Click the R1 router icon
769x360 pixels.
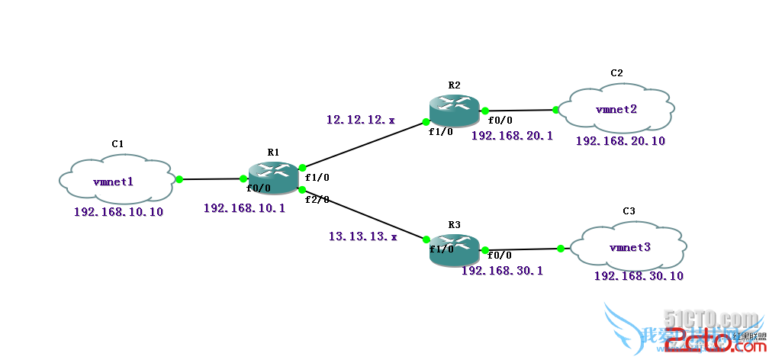[273, 177]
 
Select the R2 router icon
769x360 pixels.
[454, 111]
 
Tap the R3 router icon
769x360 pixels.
[454, 249]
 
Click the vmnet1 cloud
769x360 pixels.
[114, 181]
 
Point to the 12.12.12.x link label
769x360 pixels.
[361, 120]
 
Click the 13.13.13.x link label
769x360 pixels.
[363, 236]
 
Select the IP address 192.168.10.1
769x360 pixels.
[244, 207]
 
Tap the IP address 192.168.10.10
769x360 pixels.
[118, 212]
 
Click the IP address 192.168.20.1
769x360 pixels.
[512, 136]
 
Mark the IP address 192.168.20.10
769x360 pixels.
[620, 141]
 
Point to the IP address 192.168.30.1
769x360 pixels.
[502, 270]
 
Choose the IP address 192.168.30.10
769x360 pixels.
[639, 276]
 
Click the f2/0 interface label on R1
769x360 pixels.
[317, 200]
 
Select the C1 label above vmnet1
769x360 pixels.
[117, 143]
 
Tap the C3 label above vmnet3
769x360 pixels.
[629, 211]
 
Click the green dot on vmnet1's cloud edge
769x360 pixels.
[179, 180]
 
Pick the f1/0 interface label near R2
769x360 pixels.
[440, 131]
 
